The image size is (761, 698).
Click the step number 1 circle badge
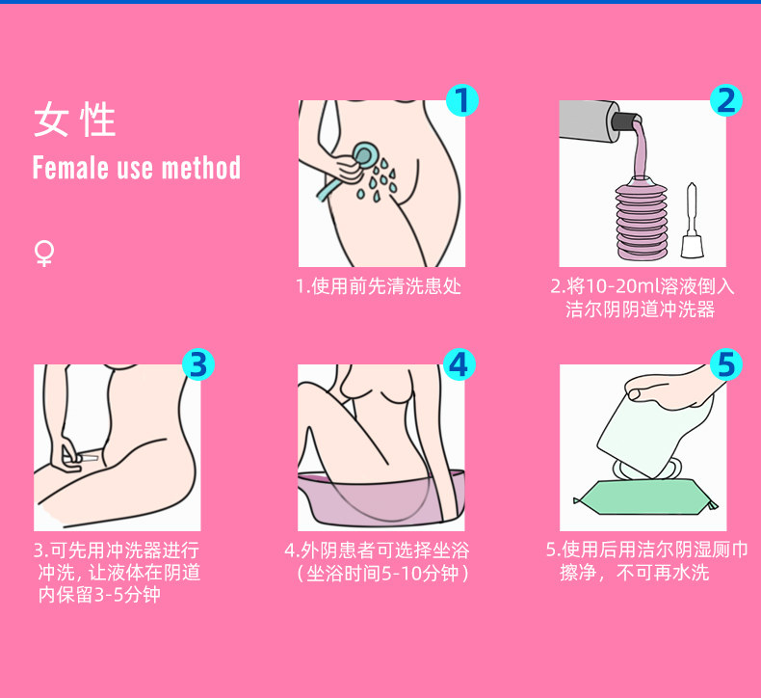coord(462,100)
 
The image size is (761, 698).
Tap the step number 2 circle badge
coord(726,100)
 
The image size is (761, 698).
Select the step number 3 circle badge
coord(198,364)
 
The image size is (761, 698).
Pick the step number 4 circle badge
coord(459,364)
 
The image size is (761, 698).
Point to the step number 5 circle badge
coord(726,364)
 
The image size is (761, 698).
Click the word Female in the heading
coord(71,168)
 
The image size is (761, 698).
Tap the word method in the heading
coord(201,168)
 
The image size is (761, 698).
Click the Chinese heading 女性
coord(75,120)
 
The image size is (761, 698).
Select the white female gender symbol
coord(44,254)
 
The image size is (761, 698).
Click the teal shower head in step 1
coord(363,154)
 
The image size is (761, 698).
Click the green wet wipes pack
coord(645,497)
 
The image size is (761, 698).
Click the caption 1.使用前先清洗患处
coord(379,286)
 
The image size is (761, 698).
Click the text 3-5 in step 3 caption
coord(107,595)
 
